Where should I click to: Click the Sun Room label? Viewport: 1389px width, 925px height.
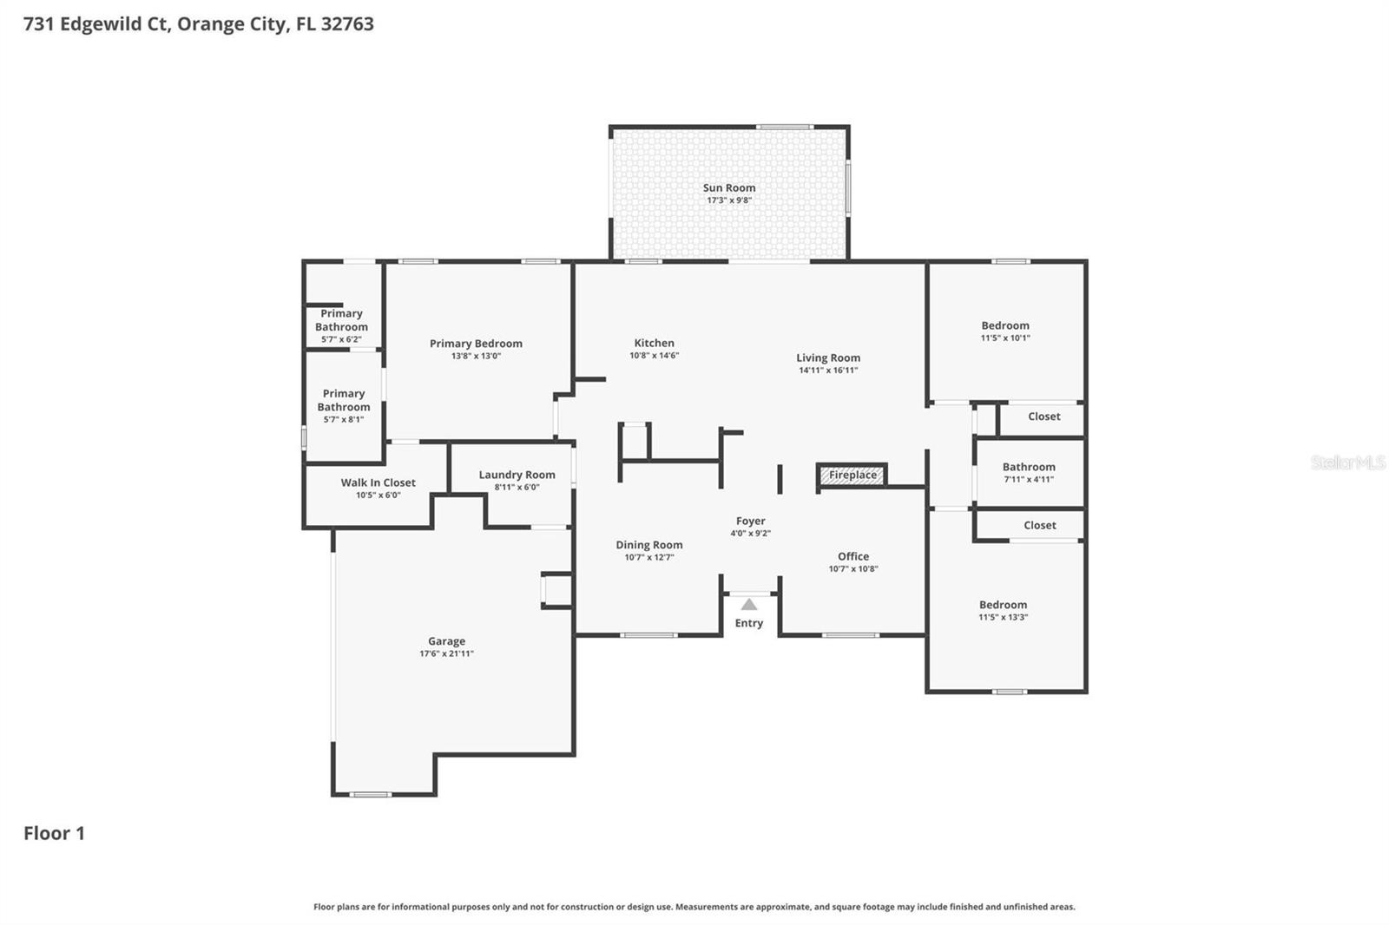(728, 187)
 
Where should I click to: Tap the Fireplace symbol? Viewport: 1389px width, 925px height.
(852, 475)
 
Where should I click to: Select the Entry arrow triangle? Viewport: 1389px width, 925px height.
(748, 605)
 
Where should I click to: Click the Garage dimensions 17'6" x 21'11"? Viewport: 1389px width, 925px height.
(446, 653)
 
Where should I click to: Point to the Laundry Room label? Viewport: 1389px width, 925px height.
(517, 475)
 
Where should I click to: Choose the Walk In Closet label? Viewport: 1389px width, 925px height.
(378, 482)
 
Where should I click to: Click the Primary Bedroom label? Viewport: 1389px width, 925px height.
(476, 344)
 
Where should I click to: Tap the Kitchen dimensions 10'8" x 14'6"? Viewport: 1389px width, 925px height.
(654, 356)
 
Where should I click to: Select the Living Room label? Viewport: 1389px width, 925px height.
(828, 358)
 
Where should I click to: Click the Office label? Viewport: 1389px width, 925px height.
(852, 556)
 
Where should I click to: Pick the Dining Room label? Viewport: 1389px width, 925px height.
(648, 545)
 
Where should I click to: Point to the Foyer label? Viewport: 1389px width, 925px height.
(750, 521)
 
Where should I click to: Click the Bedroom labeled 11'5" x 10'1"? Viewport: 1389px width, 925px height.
(1005, 325)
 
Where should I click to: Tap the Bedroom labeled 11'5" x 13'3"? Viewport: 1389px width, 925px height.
(1003, 605)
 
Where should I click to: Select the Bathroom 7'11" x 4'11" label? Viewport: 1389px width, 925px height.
(1029, 467)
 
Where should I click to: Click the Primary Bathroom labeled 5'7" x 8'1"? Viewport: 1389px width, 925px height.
(344, 400)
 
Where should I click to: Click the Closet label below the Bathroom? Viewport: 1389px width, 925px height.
(1039, 525)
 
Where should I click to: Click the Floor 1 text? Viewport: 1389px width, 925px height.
(54, 833)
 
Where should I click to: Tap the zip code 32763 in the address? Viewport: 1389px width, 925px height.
(347, 23)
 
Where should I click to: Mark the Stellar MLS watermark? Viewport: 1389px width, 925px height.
(1347, 462)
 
